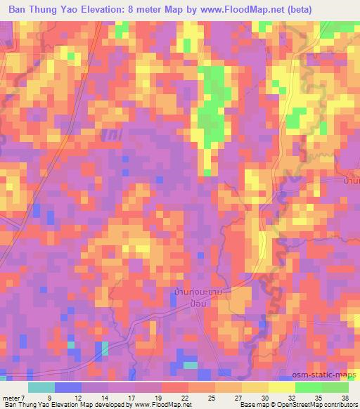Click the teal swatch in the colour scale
point(41,387)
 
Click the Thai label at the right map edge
point(351,182)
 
